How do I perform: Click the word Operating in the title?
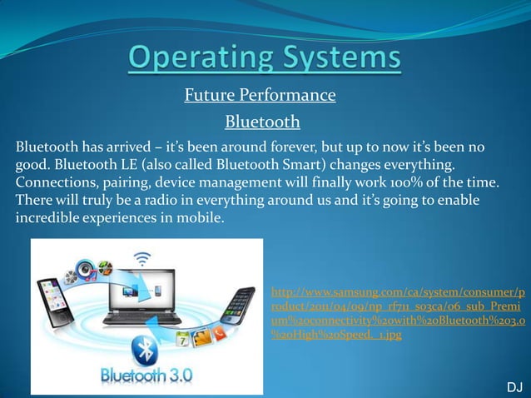click(196, 59)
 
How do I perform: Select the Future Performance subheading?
click(260, 96)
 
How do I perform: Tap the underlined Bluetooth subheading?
click(262, 122)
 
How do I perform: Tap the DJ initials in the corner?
click(514, 387)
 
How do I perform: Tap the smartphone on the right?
click(241, 308)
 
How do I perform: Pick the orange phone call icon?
click(217, 332)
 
